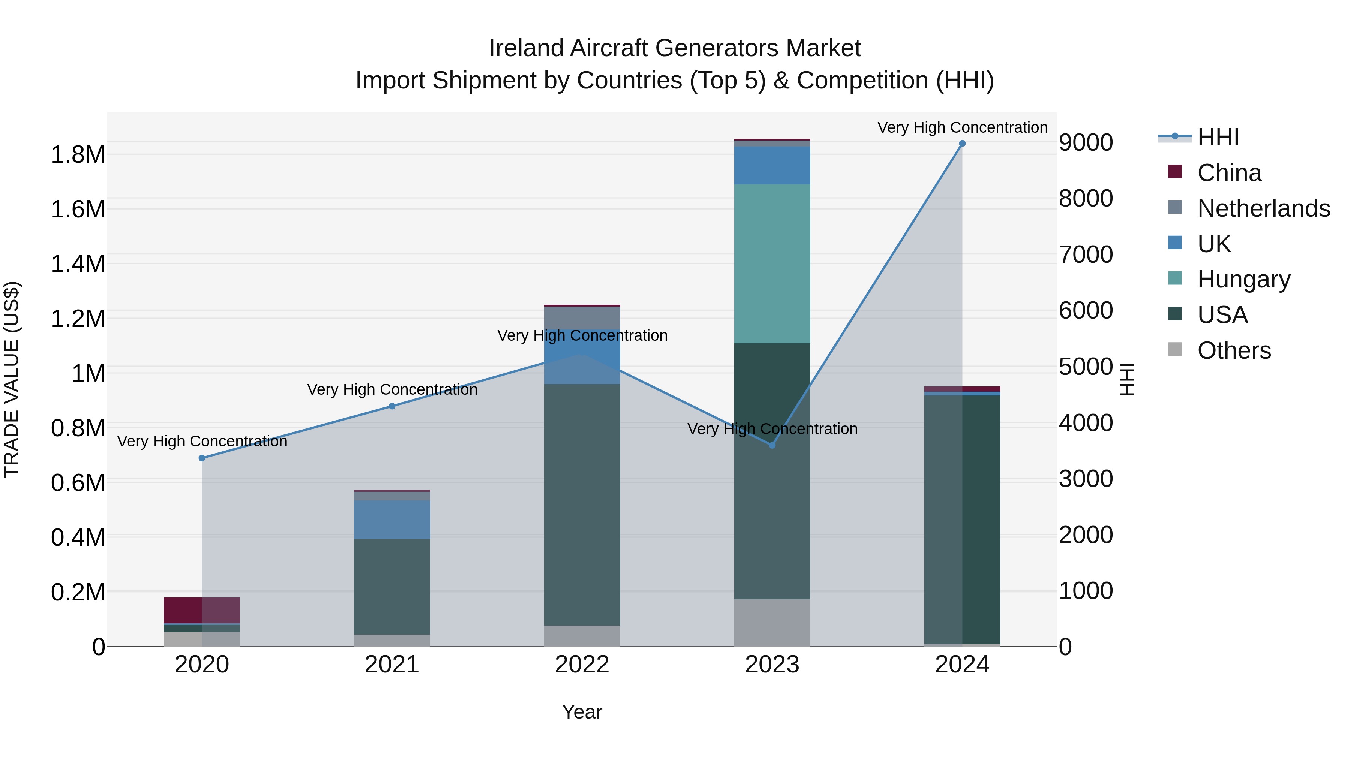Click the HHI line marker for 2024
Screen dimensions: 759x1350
[962, 144]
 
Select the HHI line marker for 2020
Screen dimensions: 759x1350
[202, 458]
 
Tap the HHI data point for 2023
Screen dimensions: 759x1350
[772, 445]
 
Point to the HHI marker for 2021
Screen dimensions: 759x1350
[392, 406]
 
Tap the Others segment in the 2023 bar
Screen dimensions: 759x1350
[772, 623]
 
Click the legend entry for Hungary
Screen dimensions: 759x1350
[1243, 279]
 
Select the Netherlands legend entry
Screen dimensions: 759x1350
[1263, 208]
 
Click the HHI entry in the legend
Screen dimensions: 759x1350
[1217, 137]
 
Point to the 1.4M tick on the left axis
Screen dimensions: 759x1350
[78, 264]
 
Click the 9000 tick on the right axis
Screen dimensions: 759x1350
[1085, 142]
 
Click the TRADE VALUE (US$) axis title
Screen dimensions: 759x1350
[12, 379]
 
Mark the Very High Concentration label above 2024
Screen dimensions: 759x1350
[962, 127]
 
